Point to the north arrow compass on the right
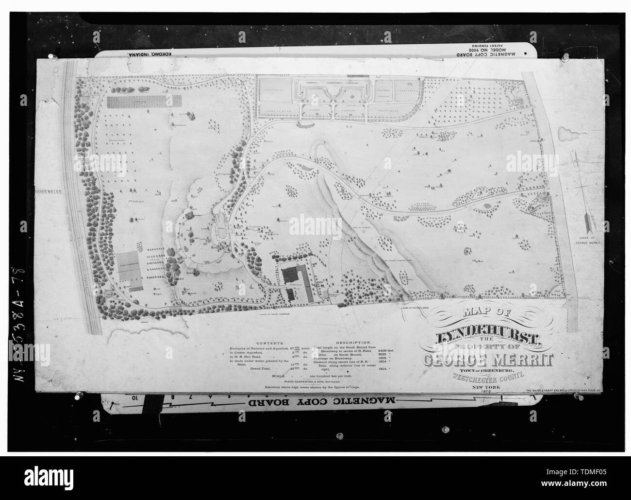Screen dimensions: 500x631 581,194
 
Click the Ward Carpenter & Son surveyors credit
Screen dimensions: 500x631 294,381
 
